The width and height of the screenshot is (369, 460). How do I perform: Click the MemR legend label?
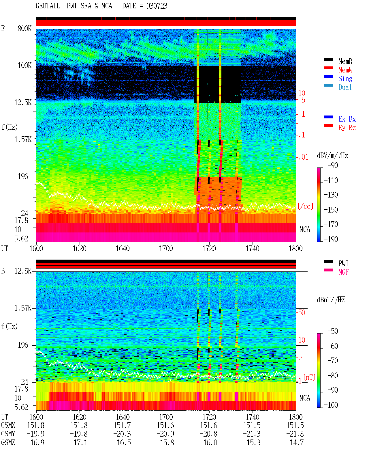[345, 61]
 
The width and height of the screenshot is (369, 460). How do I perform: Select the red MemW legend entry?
[345, 70]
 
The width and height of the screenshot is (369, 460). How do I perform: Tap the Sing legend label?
[345, 79]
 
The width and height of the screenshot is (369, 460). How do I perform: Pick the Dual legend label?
[345, 87]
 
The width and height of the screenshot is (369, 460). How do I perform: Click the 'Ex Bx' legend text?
[347, 119]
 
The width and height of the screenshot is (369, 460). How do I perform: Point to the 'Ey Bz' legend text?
[347, 128]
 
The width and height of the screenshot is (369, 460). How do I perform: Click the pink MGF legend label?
[343, 272]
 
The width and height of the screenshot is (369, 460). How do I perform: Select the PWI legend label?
[343, 263]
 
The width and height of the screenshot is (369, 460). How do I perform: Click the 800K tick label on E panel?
[24, 28]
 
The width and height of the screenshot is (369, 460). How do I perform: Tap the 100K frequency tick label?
[24, 66]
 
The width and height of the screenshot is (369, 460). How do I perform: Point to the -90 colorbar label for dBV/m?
[333, 165]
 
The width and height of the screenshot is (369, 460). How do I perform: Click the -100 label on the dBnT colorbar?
[331, 405]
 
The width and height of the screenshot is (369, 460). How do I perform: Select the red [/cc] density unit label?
[305, 206]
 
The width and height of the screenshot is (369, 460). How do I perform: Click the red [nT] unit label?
[309, 377]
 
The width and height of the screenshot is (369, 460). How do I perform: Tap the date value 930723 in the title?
[157, 6]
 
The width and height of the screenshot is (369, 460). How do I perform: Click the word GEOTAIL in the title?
[48, 6]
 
